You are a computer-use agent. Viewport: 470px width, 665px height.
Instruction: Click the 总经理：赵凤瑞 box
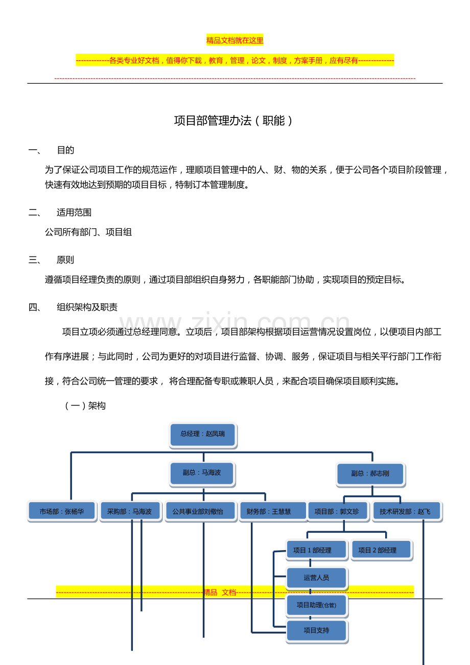tap(203, 434)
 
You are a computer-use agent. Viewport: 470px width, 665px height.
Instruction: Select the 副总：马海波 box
tap(202, 473)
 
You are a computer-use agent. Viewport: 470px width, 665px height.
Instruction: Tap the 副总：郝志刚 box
tap(370, 473)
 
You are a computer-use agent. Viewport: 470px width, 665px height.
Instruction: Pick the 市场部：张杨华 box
tap(62, 511)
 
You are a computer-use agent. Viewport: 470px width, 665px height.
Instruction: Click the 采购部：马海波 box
tap(129, 511)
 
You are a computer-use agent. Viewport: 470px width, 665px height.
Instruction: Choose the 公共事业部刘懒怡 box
tap(200, 511)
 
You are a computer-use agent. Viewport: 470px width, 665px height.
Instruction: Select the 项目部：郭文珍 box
tap(337, 511)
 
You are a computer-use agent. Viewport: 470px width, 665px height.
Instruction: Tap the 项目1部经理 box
tap(316, 550)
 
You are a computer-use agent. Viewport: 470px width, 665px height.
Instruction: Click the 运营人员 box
tap(316, 578)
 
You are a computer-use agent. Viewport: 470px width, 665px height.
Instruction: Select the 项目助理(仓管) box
tap(316, 605)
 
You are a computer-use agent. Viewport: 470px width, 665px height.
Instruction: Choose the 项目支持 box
tap(316, 630)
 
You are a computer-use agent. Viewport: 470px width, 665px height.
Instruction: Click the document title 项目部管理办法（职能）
tap(234, 121)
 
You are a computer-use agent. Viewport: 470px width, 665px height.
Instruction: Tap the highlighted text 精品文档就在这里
tap(235, 40)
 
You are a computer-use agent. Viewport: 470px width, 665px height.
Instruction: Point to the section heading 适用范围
tap(74, 212)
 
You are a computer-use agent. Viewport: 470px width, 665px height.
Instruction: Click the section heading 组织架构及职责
tap(87, 307)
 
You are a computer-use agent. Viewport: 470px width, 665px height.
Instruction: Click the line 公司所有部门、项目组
tap(88, 232)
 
